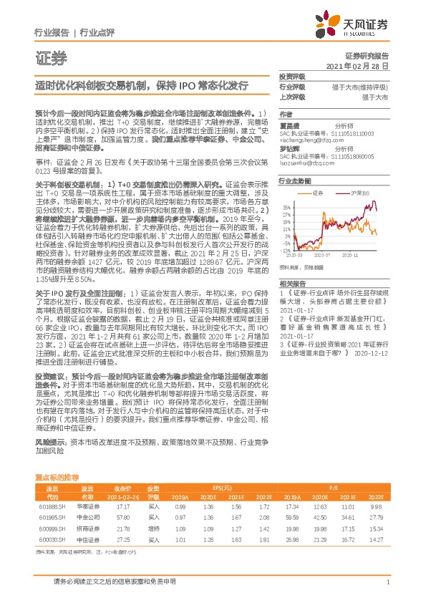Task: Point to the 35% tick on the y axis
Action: tap(286, 207)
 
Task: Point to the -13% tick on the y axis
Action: tap(286, 251)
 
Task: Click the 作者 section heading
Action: tap(286, 114)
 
